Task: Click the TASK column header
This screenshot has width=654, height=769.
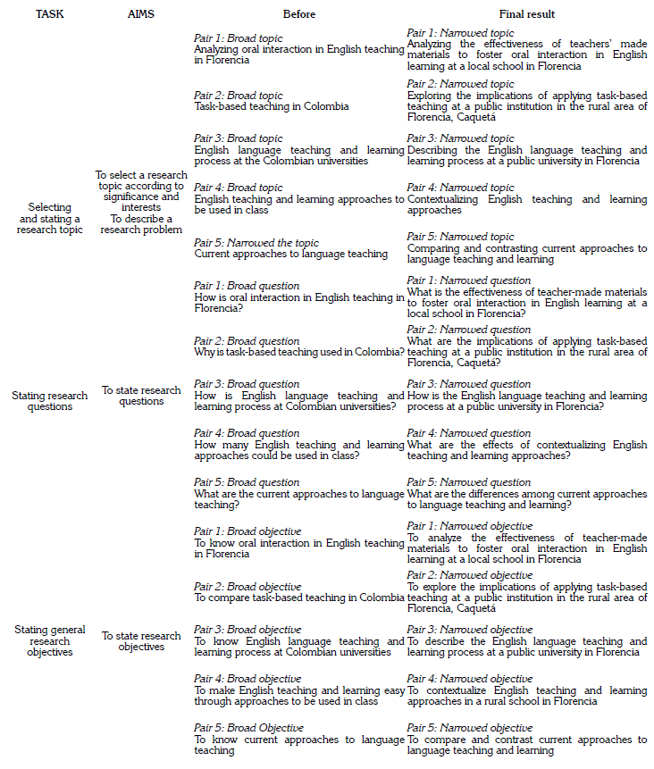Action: click(49, 14)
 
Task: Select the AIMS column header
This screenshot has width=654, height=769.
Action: click(141, 14)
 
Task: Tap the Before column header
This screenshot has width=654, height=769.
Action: click(299, 14)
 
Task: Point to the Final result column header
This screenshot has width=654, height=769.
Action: click(526, 14)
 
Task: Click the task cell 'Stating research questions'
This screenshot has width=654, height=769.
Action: click(50, 401)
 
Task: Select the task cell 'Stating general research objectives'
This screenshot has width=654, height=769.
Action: click(50, 640)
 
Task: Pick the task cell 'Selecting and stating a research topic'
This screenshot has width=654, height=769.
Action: click(50, 218)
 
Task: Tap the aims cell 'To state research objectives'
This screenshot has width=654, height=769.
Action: click(141, 641)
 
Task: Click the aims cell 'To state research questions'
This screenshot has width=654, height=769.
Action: click(141, 396)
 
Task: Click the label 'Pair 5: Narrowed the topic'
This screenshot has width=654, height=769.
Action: click(256, 242)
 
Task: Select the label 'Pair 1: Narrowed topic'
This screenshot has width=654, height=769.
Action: click(460, 33)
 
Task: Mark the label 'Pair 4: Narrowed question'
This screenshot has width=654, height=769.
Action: click(468, 433)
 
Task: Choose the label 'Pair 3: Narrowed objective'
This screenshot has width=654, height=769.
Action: click(469, 630)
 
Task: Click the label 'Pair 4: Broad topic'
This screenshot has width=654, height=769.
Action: click(239, 188)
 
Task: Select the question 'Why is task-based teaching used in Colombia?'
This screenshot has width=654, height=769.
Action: click(298, 352)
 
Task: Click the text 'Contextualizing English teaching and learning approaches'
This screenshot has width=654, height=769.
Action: click(526, 205)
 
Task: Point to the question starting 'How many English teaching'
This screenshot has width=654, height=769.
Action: click(298, 450)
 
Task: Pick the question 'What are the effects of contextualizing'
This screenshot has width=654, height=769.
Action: click(526, 450)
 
